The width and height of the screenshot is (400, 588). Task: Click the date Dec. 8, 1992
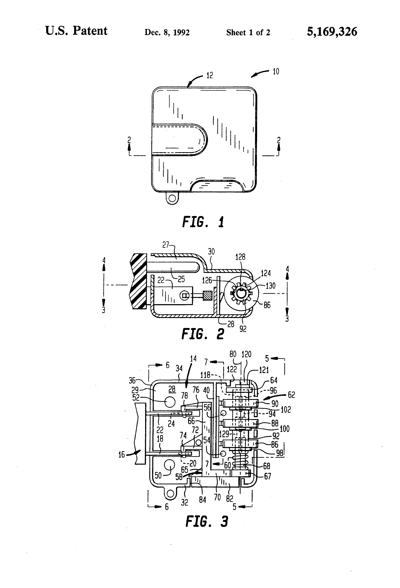[167, 32]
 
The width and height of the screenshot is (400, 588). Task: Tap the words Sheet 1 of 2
[248, 32]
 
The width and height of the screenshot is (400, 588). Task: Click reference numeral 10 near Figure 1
[276, 72]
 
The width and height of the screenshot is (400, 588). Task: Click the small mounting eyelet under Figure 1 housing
[172, 198]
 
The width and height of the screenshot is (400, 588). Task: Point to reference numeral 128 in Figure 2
[240, 257]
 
